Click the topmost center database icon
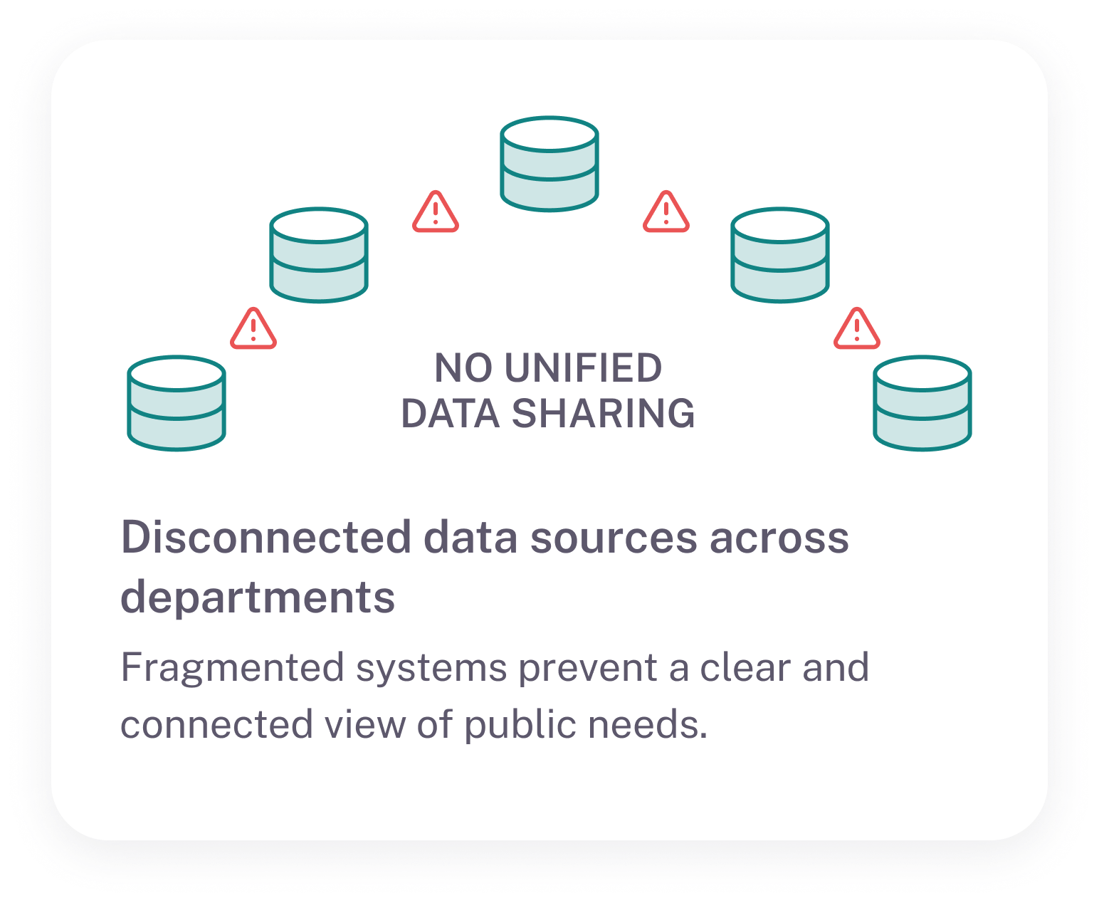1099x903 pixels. click(x=549, y=164)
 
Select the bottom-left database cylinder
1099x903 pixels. click(x=177, y=403)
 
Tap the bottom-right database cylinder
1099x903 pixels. click(x=922, y=403)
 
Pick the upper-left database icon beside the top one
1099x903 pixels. click(x=319, y=255)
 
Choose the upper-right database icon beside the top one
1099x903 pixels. click(x=780, y=255)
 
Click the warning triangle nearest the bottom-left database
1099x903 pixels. click(x=253, y=329)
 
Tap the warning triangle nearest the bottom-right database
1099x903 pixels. click(x=857, y=329)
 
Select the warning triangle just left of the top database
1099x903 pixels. click(x=436, y=212)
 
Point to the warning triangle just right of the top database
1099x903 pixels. click(x=666, y=212)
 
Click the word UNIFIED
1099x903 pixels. click(x=583, y=368)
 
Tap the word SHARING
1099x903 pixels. click(x=603, y=414)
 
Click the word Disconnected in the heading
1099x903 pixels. click(x=266, y=537)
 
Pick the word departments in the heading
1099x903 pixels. click(x=258, y=597)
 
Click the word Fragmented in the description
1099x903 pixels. click(x=233, y=668)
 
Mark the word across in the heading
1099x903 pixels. click(x=779, y=537)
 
